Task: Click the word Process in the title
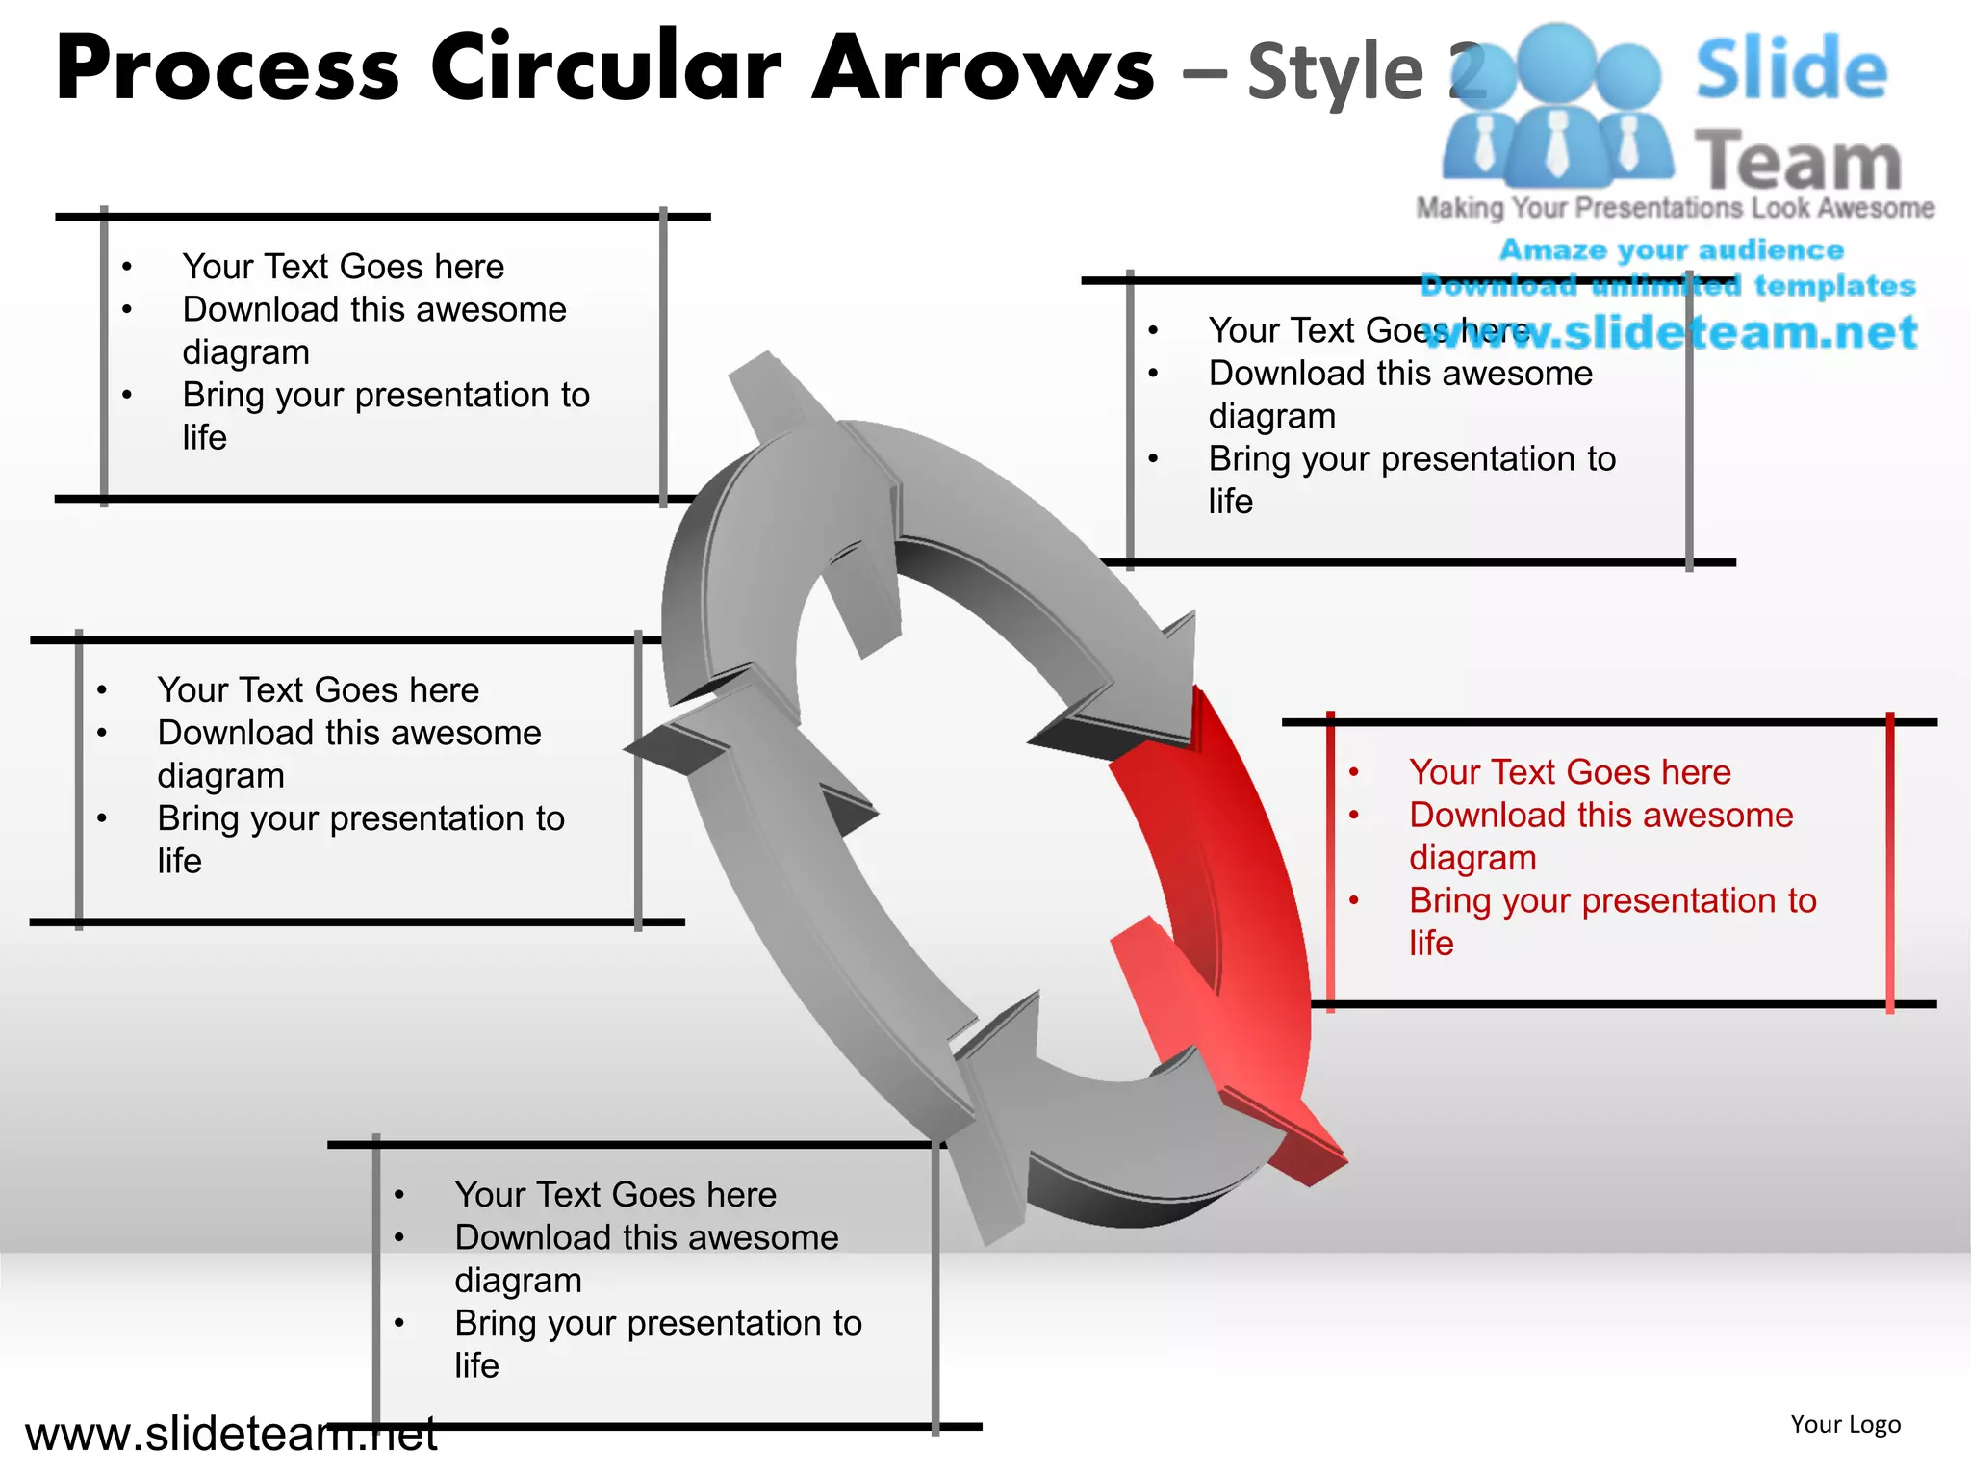(x=227, y=69)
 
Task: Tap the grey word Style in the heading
(x=1335, y=73)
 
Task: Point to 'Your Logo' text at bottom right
(x=1845, y=1424)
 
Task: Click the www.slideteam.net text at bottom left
(x=231, y=1435)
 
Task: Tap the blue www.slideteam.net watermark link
(x=1670, y=332)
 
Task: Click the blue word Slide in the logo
(x=1790, y=69)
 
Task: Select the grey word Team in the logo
(x=1798, y=161)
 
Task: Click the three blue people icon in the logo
(x=1557, y=106)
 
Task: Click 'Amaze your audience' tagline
(x=1672, y=249)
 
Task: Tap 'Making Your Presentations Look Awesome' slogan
(x=1675, y=208)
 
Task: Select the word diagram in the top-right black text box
(x=1271, y=416)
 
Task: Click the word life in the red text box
(x=1431, y=944)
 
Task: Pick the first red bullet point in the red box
(x=1354, y=772)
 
